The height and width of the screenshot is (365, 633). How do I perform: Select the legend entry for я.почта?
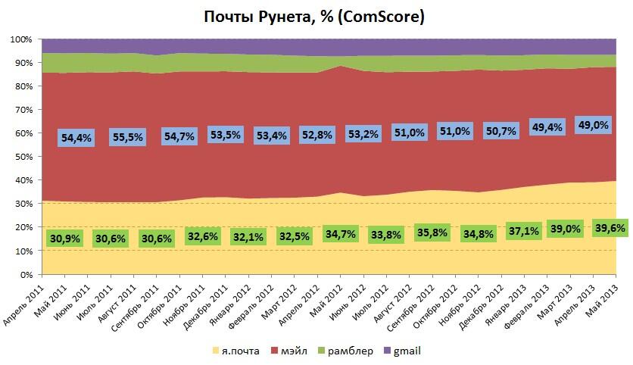click(237, 351)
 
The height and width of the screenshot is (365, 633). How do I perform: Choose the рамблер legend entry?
click(349, 351)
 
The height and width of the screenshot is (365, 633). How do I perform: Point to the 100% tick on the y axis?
click(20, 39)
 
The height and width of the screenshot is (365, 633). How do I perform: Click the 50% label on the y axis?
click(23, 157)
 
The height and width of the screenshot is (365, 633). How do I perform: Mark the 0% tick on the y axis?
click(25, 274)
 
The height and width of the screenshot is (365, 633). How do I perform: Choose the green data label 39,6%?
click(610, 227)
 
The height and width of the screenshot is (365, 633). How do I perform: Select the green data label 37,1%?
click(524, 229)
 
